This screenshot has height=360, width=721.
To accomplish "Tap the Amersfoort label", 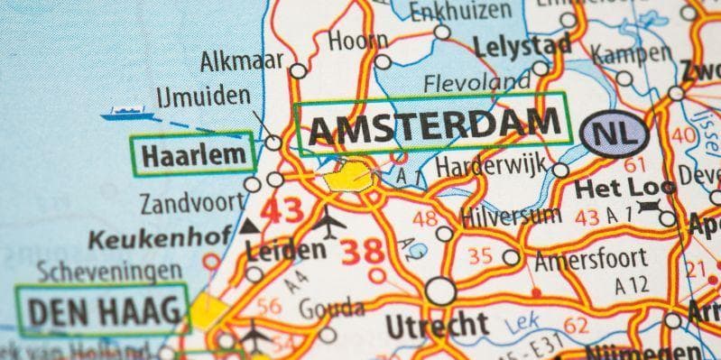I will pos(591,259).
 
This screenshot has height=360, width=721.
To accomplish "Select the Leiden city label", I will pos(285,250).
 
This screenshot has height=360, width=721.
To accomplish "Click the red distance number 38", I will pos(363,252).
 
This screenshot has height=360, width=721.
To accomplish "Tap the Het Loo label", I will pos(605,191).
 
